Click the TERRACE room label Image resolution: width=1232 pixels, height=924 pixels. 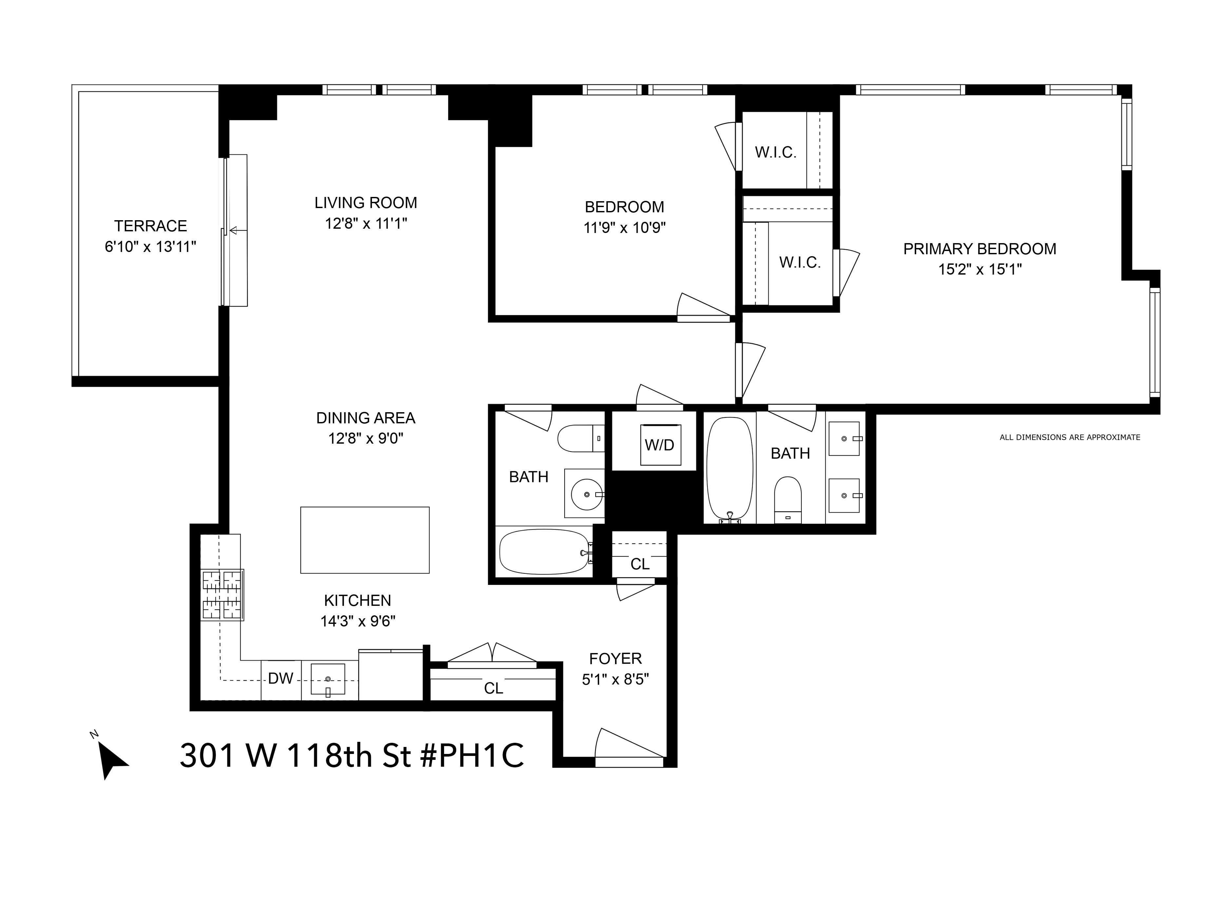(x=150, y=226)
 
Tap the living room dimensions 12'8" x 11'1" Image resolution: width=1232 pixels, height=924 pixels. (x=366, y=224)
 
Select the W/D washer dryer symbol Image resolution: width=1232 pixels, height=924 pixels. (x=660, y=444)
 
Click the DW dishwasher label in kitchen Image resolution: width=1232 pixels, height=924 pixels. (x=281, y=678)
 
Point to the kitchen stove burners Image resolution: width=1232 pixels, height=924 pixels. (x=222, y=595)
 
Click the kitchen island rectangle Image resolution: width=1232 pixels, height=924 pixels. (x=365, y=540)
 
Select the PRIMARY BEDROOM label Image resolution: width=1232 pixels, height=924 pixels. (x=979, y=249)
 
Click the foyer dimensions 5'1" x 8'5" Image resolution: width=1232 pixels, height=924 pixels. (x=615, y=680)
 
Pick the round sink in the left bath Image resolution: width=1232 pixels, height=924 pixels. (x=586, y=493)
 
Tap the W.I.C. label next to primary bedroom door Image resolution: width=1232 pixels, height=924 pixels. (x=800, y=262)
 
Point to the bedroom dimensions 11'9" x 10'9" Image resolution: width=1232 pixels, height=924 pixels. (x=624, y=228)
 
